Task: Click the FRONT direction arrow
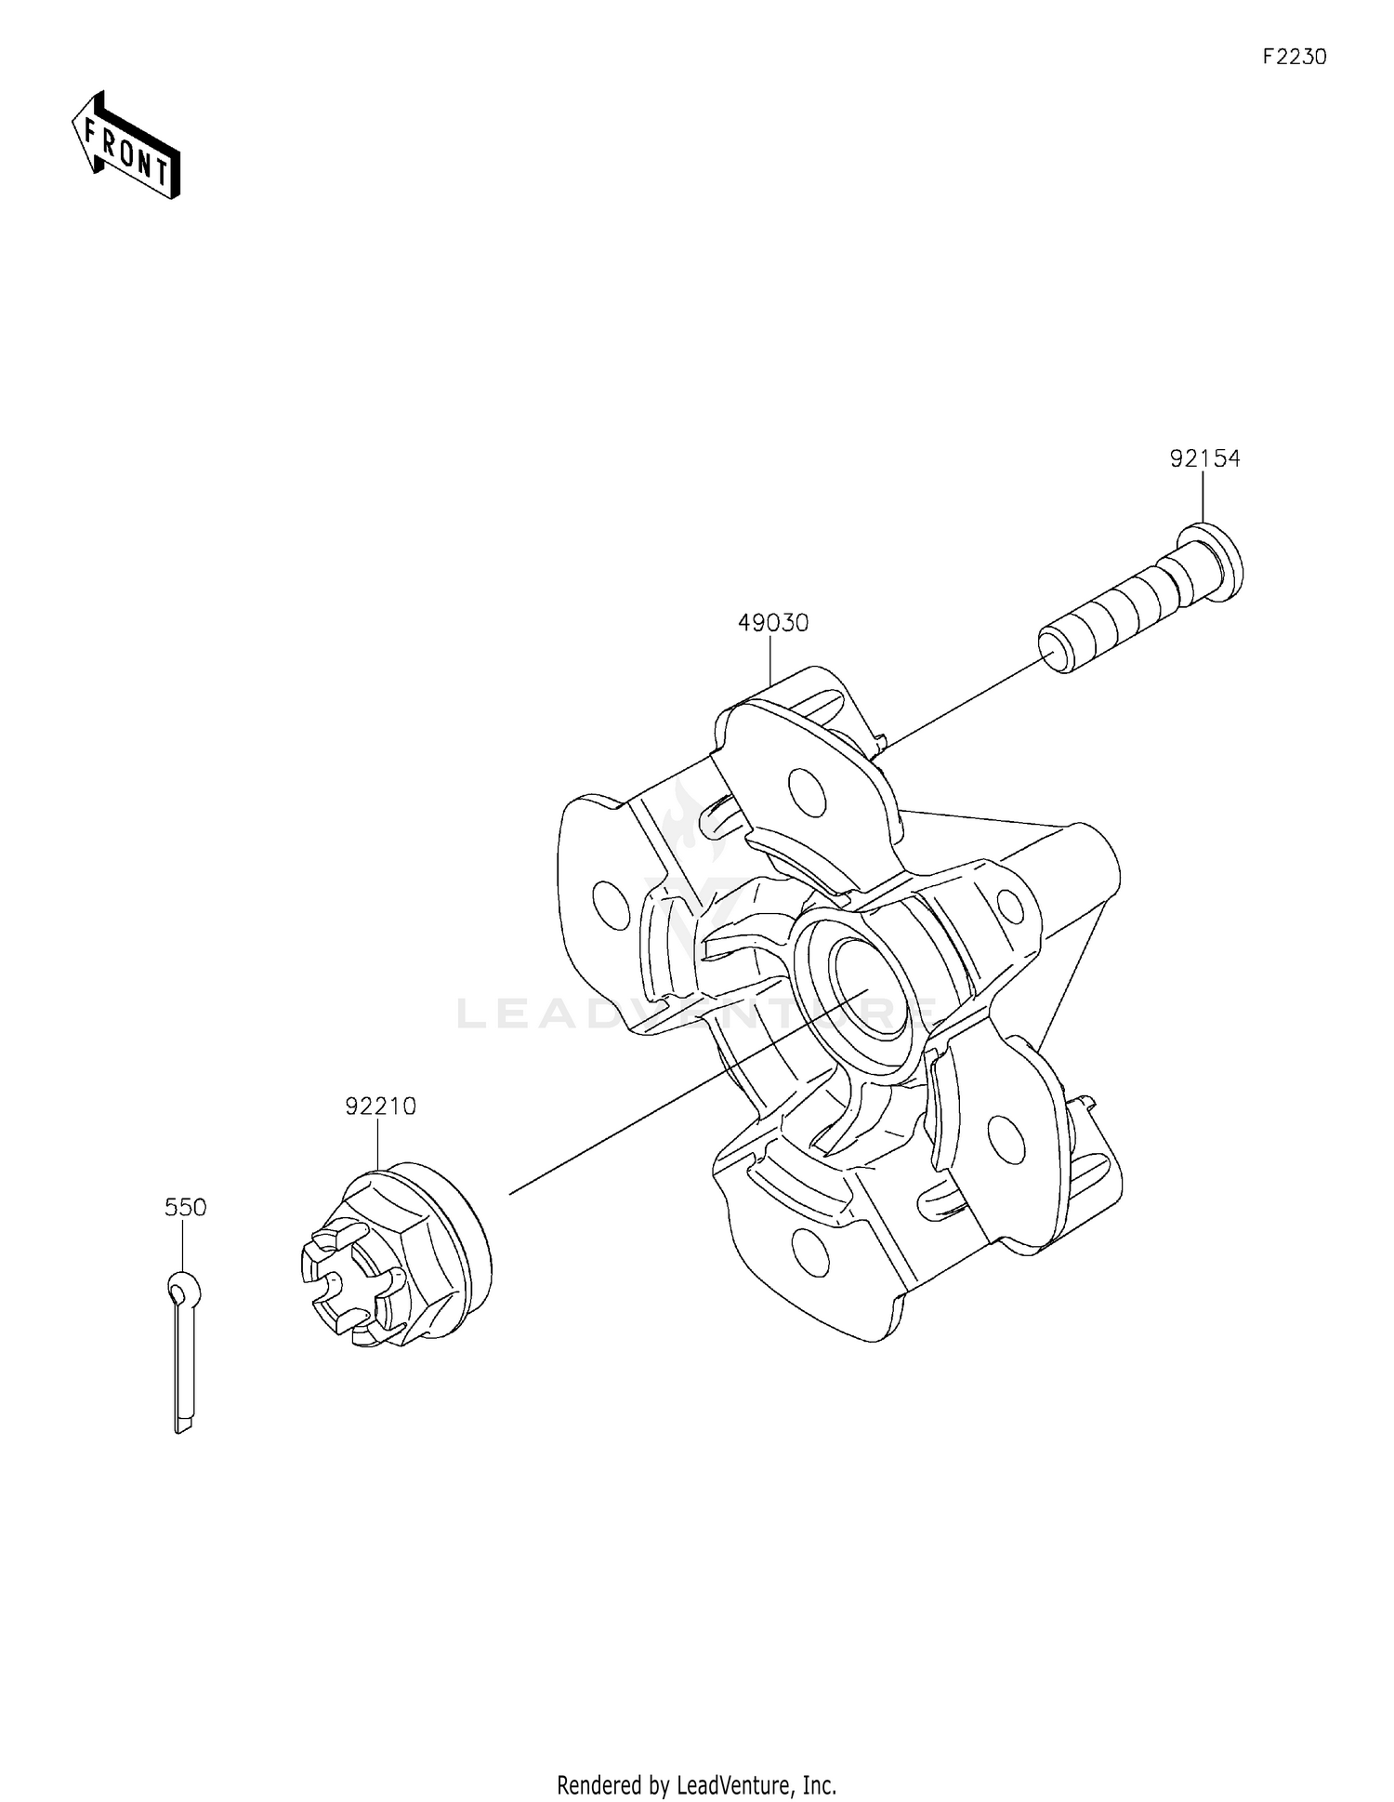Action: [125, 146]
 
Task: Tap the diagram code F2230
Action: [1294, 57]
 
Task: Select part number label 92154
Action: [1204, 458]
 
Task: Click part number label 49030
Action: [773, 622]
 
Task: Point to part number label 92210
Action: [380, 1106]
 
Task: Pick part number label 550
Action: [185, 1207]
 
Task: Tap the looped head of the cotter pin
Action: [183, 1289]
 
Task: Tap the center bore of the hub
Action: [872, 987]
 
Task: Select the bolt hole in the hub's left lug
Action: [610, 905]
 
